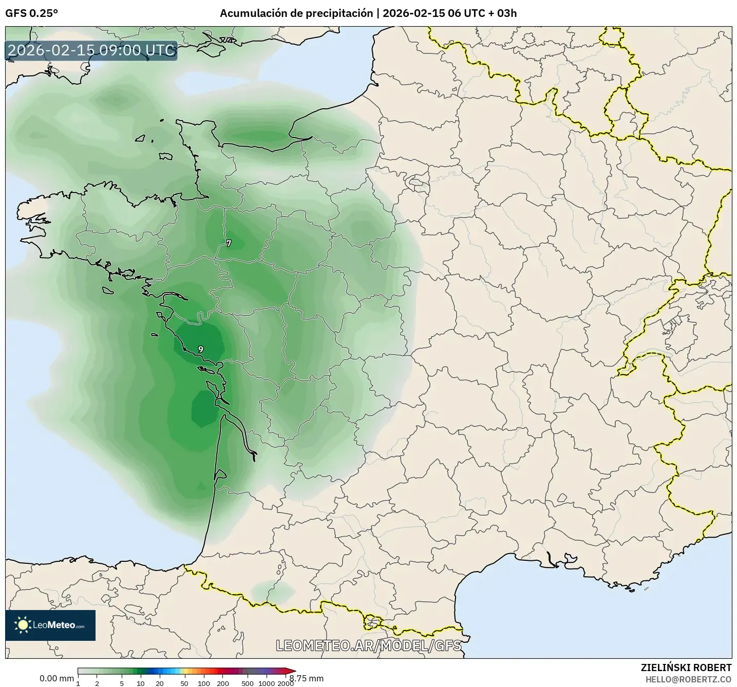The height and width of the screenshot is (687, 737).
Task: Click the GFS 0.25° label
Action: (31, 13)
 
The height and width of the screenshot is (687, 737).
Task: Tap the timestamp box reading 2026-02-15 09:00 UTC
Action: (91, 51)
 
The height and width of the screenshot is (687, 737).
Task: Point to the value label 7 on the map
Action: (229, 243)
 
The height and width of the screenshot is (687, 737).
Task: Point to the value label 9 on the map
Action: (200, 349)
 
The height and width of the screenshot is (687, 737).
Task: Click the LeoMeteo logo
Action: (50, 625)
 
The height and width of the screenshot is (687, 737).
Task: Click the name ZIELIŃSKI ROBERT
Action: (686, 668)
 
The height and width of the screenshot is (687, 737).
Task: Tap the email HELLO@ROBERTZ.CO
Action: (688, 679)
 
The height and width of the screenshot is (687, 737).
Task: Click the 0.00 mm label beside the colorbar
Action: (56, 678)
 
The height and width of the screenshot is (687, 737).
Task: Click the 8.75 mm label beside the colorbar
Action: (307, 678)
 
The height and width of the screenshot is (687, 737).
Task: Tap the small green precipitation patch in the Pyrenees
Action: (272, 590)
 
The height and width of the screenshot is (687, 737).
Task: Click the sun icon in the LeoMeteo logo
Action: (23, 625)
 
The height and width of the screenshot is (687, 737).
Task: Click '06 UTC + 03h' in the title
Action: (482, 13)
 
